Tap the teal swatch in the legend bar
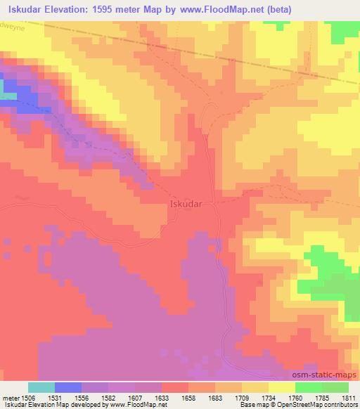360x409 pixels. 41,387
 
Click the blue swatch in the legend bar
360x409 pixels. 68,387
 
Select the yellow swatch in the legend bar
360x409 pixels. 282,387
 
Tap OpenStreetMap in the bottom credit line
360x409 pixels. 288,405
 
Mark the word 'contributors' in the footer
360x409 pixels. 337,405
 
